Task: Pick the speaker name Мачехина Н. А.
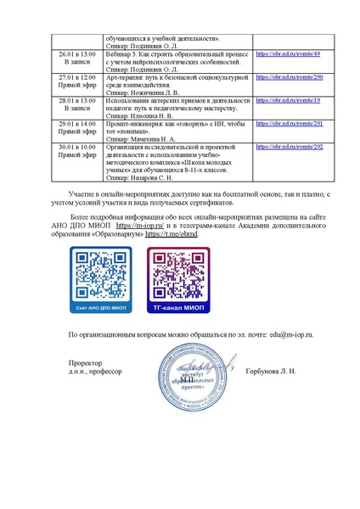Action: click(162, 138)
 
